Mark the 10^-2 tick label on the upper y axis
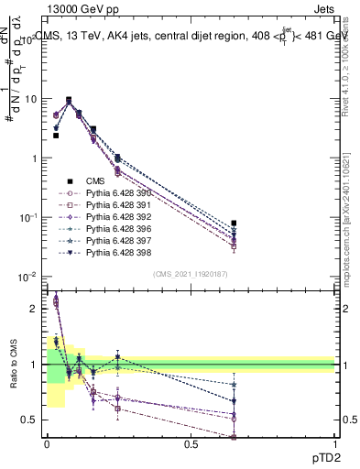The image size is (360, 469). click(27, 277)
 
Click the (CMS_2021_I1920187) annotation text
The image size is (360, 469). click(190, 274)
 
